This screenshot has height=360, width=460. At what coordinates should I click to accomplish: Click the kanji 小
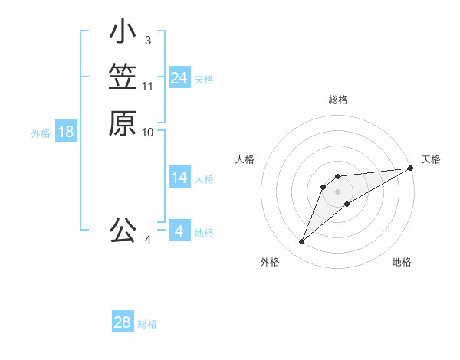click(x=123, y=32)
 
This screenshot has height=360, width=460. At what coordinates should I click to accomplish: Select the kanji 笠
click(x=123, y=78)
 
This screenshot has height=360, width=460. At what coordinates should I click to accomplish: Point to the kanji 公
click(x=123, y=230)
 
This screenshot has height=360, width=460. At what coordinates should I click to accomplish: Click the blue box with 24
click(x=179, y=78)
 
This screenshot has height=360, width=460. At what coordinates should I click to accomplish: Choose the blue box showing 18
click(x=66, y=132)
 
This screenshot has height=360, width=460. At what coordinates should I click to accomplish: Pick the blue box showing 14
click(x=179, y=178)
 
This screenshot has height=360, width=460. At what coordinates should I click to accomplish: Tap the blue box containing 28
click(x=122, y=322)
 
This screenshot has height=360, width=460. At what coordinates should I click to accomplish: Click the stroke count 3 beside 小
click(x=147, y=40)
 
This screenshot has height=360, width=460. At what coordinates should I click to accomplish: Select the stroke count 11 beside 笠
click(x=148, y=86)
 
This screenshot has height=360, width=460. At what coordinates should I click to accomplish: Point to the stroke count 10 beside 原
click(x=148, y=132)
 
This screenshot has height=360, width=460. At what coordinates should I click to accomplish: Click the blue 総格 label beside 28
click(x=147, y=324)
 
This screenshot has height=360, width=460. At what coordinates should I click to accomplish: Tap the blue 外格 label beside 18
click(x=41, y=133)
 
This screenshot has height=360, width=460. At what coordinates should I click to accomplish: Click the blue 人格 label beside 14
click(x=204, y=180)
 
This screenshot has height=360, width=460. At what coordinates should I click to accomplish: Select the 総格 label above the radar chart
click(x=337, y=100)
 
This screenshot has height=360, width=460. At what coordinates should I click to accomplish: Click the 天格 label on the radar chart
click(x=431, y=159)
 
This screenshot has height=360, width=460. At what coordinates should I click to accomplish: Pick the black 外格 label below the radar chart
click(x=270, y=262)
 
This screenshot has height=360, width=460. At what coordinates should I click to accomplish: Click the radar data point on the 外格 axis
click(x=301, y=242)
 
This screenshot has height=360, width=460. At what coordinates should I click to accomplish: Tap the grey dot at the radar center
click(x=337, y=191)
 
